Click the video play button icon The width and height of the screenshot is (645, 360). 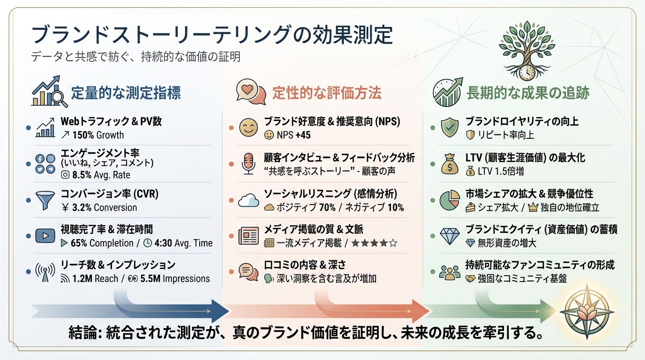[x=45, y=235]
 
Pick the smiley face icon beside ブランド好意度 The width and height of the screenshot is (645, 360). [x=248, y=127]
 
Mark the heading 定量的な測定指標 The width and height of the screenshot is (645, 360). [x=126, y=93]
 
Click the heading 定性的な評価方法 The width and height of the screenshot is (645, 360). [x=327, y=93]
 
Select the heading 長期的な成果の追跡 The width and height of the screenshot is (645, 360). [x=528, y=93]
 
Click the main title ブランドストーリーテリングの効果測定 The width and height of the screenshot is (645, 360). [x=211, y=36]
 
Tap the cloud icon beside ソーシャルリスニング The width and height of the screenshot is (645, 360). [x=248, y=200]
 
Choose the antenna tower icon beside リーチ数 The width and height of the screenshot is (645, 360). [x=45, y=272]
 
